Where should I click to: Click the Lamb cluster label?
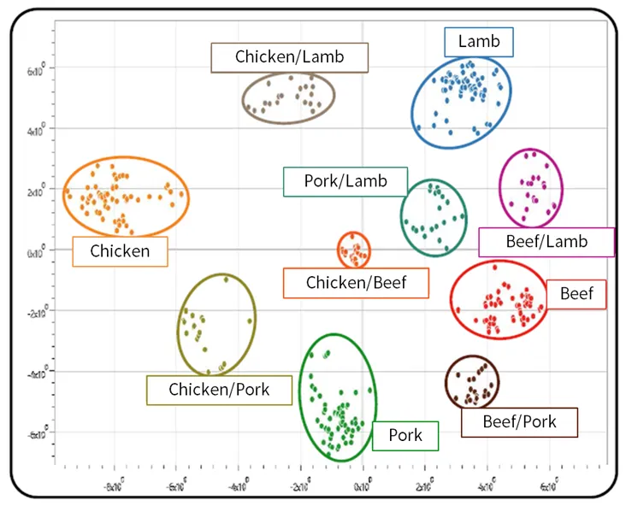tap(478, 42)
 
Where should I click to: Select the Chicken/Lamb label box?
tap(290, 57)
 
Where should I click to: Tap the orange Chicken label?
tap(120, 251)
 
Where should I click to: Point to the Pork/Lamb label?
tap(345, 181)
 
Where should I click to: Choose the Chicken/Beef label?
tap(356, 283)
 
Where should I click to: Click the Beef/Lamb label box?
tap(546, 242)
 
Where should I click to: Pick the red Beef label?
tap(576, 294)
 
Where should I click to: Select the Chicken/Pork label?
tap(219, 390)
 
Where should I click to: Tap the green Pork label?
tap(405, 436)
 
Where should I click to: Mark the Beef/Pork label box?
tap(519, 421)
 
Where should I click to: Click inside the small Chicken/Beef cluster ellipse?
tap(353, 250)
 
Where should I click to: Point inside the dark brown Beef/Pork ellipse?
tap(472, 382)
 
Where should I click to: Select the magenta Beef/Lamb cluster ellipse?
tap(531, 187)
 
